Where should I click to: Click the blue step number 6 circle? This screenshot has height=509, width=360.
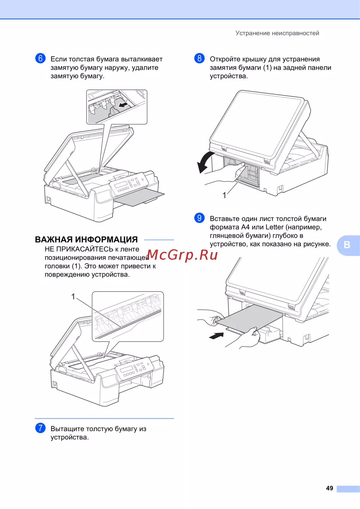pos(40,58)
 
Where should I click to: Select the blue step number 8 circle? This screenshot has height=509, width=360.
pos(199,58)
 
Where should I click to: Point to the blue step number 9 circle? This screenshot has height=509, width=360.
pos(199,218)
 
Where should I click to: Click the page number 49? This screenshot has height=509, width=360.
pos(329,488)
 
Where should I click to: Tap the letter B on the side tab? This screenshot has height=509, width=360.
pos(347,245)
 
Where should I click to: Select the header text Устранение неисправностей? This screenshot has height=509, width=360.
pos(277,33)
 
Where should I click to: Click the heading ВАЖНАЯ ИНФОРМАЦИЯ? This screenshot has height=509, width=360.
pos(86,240)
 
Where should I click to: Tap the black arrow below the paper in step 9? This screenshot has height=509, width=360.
pos(216,336)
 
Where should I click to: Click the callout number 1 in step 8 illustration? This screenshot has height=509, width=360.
pos(224,195)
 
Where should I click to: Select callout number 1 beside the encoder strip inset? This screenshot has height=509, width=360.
pos(73,296)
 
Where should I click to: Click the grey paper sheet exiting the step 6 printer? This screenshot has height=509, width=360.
pos(138,196)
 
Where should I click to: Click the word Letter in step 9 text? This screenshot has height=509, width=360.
pos(274,227)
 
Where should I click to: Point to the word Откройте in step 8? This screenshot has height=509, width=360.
pos(225,59)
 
